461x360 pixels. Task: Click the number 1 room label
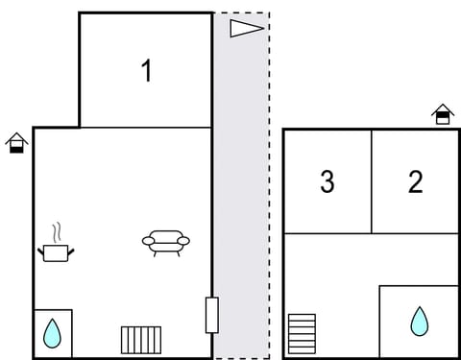(146, 71)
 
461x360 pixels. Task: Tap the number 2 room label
(415, 181)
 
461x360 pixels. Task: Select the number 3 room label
(328, 181)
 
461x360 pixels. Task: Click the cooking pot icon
(57, 252)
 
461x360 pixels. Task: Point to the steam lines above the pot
(57, 232)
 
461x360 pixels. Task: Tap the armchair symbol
(166, 242)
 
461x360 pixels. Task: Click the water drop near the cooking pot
(52, 334)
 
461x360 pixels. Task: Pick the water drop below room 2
(419, 321)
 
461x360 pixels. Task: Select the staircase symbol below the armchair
(141, 340)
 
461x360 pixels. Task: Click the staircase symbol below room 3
(302, 333)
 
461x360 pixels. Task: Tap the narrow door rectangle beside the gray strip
(211, 315)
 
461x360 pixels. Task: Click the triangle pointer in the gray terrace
(246, 28)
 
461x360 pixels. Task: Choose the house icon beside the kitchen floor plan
(16, 144)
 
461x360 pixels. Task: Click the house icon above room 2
(442, 114)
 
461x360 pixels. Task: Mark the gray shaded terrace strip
(240, 192)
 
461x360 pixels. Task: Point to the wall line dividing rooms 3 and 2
(372, 181)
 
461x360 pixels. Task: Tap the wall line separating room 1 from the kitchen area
(144, 127)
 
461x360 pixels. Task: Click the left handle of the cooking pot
(41, 251)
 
